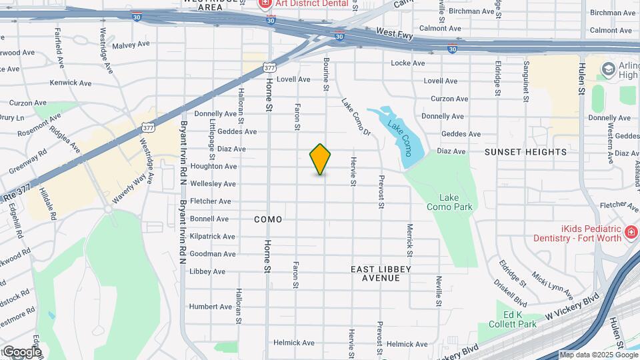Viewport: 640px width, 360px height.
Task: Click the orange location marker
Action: point(321,159)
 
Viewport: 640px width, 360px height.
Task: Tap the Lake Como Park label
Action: point(455,202)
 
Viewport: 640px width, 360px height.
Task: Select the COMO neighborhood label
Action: point(268,219)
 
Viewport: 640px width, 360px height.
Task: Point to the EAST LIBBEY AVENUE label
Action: point(381,273)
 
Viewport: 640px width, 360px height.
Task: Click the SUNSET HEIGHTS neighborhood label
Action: point(526,152)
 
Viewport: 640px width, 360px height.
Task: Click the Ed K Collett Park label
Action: point(521,320)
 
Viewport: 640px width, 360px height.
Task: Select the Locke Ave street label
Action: point(408,63)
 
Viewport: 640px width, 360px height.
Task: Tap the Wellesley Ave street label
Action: point(213,184)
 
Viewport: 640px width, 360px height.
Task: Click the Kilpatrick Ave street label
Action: point(213,237)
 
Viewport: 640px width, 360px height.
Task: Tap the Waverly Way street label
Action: point(129,189)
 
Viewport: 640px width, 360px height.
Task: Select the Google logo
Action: point(21,351)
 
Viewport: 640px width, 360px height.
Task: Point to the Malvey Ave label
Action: point(132,45)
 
